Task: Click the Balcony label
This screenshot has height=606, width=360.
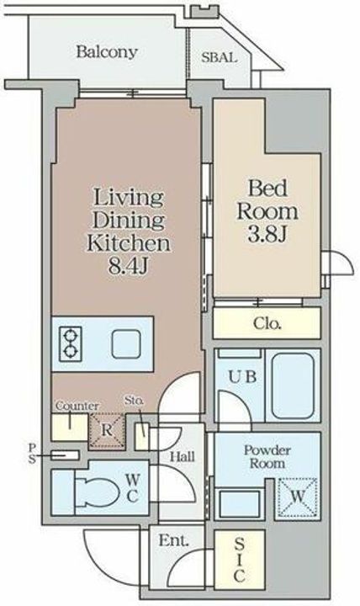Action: (x=107, y=52)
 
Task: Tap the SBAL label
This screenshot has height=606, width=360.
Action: (x=219, y=57)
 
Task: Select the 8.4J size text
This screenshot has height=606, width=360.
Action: (x=128, y=266)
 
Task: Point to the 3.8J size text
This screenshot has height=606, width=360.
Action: (x=267, y=233)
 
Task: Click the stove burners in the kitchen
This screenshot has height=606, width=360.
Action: (x=71, y=344)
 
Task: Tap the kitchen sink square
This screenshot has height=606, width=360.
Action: (x=126, y=344)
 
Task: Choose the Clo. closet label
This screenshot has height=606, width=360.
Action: (x=267, y=323)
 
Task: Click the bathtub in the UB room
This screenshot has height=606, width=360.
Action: (x=293, y=385)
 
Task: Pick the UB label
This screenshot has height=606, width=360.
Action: (x=242, y=376)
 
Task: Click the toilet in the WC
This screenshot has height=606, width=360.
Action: (x=97, y=492)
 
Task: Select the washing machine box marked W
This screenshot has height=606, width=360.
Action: (x=298, y=497)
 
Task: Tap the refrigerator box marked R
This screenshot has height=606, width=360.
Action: (x=107, y=431)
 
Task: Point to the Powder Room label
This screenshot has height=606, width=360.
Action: (x=267, y=456)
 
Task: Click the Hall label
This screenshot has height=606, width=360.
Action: (x=183, y=457)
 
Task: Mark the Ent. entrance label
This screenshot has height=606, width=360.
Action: (x=174, y=540)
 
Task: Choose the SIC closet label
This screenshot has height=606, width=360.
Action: (x=239, y=560)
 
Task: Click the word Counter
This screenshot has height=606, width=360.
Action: (x=77, y=406)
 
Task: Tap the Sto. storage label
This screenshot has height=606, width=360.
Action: (x=134, y=401)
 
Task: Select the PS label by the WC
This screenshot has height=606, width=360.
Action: (x=32, y=454)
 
